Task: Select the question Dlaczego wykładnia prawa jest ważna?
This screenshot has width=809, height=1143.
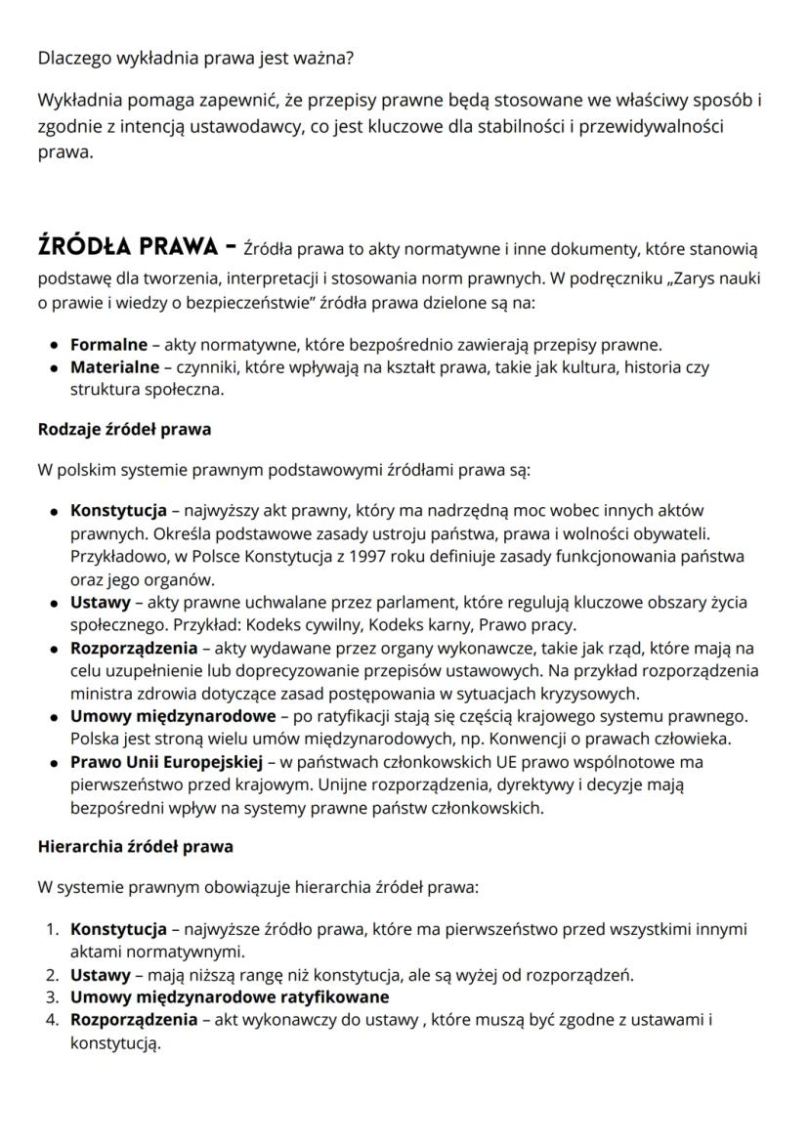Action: (x=195, y=58)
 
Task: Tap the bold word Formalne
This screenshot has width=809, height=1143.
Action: (x=108, y=344)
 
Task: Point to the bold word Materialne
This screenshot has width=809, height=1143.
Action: (x=114, y=367)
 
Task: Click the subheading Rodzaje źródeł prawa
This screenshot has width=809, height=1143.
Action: (x=124, y=428)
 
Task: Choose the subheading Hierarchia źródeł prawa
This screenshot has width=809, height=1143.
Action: (x=135, y=846)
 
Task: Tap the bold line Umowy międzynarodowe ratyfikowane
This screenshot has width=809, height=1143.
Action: (x=230, y=997)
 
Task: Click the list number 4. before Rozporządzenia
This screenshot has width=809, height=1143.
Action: (x=54, y=1021)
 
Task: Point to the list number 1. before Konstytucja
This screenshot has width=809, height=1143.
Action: (x=54, y=928)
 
